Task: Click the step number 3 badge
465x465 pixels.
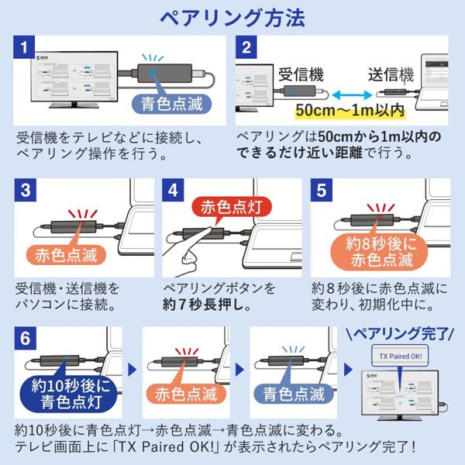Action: pos(26,191)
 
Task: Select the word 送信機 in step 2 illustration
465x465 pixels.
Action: pos(391,76)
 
